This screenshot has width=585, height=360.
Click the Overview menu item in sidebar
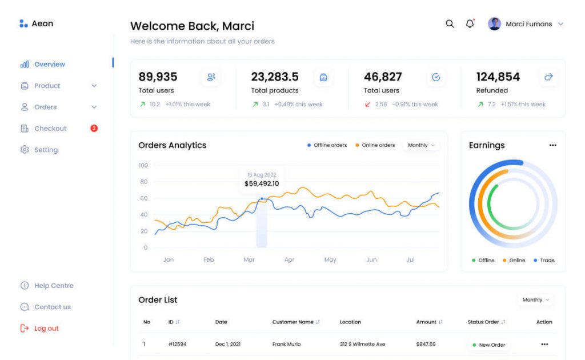coord(49,65)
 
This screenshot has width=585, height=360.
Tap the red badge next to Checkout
coord(94,129)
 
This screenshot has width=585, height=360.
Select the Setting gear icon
coord(25,150)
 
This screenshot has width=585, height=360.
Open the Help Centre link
coord(53,286)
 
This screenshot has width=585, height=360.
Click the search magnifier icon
coord(450,24)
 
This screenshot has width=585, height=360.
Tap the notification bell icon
coord(470,24)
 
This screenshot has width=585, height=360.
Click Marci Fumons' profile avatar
coord(495,24)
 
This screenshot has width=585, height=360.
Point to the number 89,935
coord(158,77)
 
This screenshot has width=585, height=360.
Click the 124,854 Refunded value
coord(498,77)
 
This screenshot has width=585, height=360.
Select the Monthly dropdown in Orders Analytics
coord(421,145)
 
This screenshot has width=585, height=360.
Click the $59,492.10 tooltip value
coord(262,184)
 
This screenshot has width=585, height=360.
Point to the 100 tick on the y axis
coord(143,166)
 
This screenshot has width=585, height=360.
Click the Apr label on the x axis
coord(290,260)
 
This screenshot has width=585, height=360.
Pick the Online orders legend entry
coord(375,145)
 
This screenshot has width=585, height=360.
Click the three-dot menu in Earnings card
coord(552,146)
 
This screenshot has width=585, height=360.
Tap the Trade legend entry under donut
coord(544,261)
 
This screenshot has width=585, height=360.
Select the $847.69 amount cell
coord(426,345)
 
